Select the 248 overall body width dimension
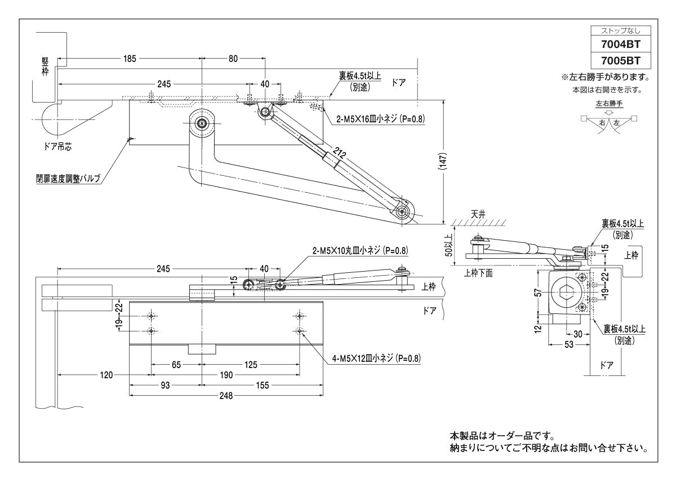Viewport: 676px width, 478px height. pyautogui.click(x=227, y=396)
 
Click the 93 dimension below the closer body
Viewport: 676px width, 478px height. pyautogui.click(x=165, y=385)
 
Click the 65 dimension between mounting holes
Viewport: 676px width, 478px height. pyautogui.click(x=176, y=365)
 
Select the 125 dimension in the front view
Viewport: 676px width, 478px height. pyautogui.click(x=250, y=365)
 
